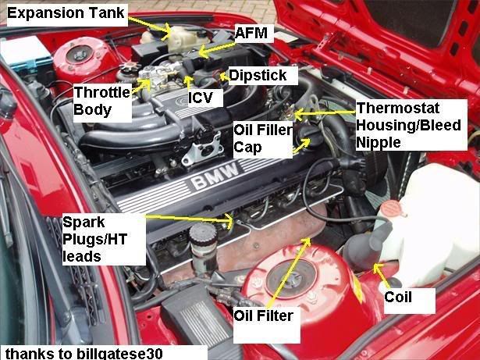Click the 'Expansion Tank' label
(66, 13)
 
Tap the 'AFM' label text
(251, 33)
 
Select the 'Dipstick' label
(258, 75)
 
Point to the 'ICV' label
(201, 98)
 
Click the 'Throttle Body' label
(102, 101)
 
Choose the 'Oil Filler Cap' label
(263, 138)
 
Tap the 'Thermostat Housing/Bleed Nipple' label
(409, 125)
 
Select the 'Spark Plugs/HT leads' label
(94, 239)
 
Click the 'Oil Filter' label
(264, 315)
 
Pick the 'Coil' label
(398, 297)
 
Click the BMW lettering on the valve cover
(215, 176)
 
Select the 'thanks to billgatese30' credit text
(84, 353)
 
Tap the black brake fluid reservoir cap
(203, 235)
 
